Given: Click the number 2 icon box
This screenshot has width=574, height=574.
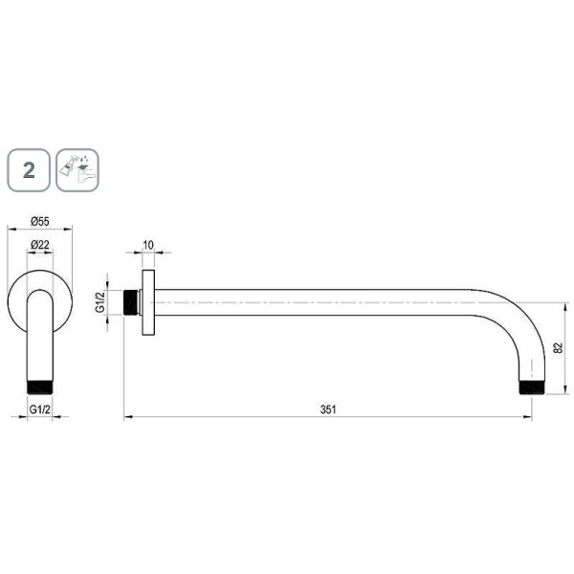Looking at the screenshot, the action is point(29,170).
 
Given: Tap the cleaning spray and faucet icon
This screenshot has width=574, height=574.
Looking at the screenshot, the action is point(77,170).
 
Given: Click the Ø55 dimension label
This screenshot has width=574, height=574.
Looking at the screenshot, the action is point(40,222).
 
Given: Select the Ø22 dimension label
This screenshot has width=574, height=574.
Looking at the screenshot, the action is point(40,244).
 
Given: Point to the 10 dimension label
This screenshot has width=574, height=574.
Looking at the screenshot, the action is point(148,245).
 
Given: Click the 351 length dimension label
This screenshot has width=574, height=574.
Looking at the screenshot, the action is point(328,409).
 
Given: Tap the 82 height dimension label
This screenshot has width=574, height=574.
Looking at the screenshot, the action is point(558,348).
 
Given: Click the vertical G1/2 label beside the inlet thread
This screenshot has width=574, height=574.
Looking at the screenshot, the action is point(99,302).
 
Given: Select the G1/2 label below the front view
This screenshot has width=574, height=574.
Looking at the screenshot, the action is point(40,409).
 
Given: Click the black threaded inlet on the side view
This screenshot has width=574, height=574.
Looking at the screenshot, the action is point(131,302).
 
